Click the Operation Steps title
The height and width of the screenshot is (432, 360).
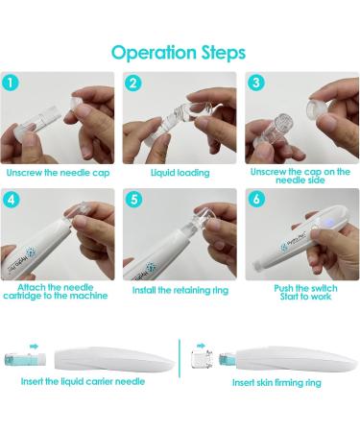tap(179, 51)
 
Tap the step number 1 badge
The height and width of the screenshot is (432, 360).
tap(14, 84)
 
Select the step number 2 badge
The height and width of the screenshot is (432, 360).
tap(134, 84)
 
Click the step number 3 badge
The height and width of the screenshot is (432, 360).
tap(254, 84)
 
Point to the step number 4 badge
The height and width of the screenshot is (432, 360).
tap(14, 201)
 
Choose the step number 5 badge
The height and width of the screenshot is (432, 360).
tap(134, 201)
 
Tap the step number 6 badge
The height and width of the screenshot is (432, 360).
tap(254, 201)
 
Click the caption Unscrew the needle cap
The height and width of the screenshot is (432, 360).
tap(60, 172)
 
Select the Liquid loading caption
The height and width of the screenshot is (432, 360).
tap(179, 172)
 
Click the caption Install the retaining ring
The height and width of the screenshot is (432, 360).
tap(180, 289)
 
